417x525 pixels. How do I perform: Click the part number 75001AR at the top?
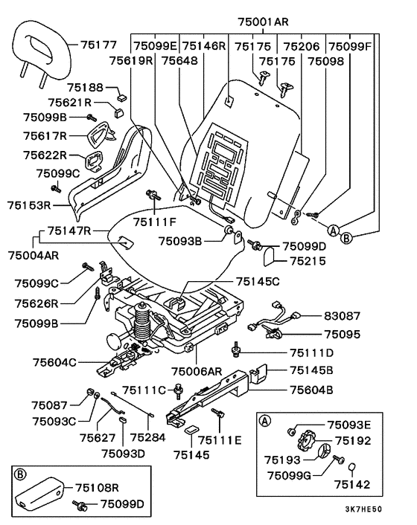tap(263, 22)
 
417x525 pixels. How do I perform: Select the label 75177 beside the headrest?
tap(98, 45)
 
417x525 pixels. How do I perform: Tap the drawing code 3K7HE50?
tap(363, 509)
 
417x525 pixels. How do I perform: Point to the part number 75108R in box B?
tap(97, 488)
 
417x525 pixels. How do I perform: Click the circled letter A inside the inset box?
tap(265, 421)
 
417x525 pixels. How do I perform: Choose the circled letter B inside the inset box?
tap(20, 474)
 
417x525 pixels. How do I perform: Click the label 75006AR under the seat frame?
tap(197, 371)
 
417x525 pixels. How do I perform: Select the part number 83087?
tap(342, 316)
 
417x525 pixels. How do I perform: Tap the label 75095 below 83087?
tap(342, 334)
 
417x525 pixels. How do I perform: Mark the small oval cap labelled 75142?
tap(352, 467)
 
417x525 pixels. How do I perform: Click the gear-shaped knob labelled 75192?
tap(306, 442)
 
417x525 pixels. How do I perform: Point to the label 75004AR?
tap(34, 256)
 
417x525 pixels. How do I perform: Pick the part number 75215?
tap(308, 261)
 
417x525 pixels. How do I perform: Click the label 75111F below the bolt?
tap(155, 222)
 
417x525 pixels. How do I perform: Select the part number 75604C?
tap(54, 362)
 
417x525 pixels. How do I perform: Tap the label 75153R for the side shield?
tap(29, 205)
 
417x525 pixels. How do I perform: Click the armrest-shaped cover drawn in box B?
tap(39, 492)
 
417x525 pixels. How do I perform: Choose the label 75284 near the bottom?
tap(147, 437)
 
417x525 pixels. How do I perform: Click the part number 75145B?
tap(311, 370)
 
